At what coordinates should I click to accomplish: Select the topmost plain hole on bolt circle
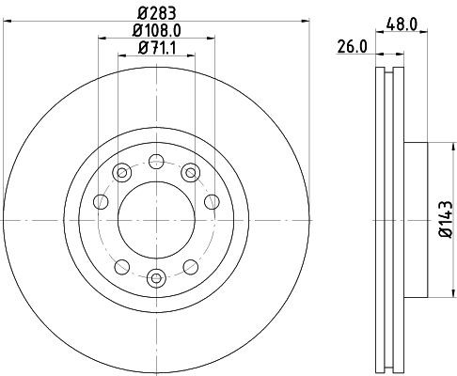[x=156, y=159]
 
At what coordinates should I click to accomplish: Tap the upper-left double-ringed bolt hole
[x=121, y=171]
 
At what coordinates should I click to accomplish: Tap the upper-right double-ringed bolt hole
[x=191, y=171]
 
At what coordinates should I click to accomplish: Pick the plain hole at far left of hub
[x=101, y=200]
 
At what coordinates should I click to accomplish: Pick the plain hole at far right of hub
[x=212, y=200]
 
